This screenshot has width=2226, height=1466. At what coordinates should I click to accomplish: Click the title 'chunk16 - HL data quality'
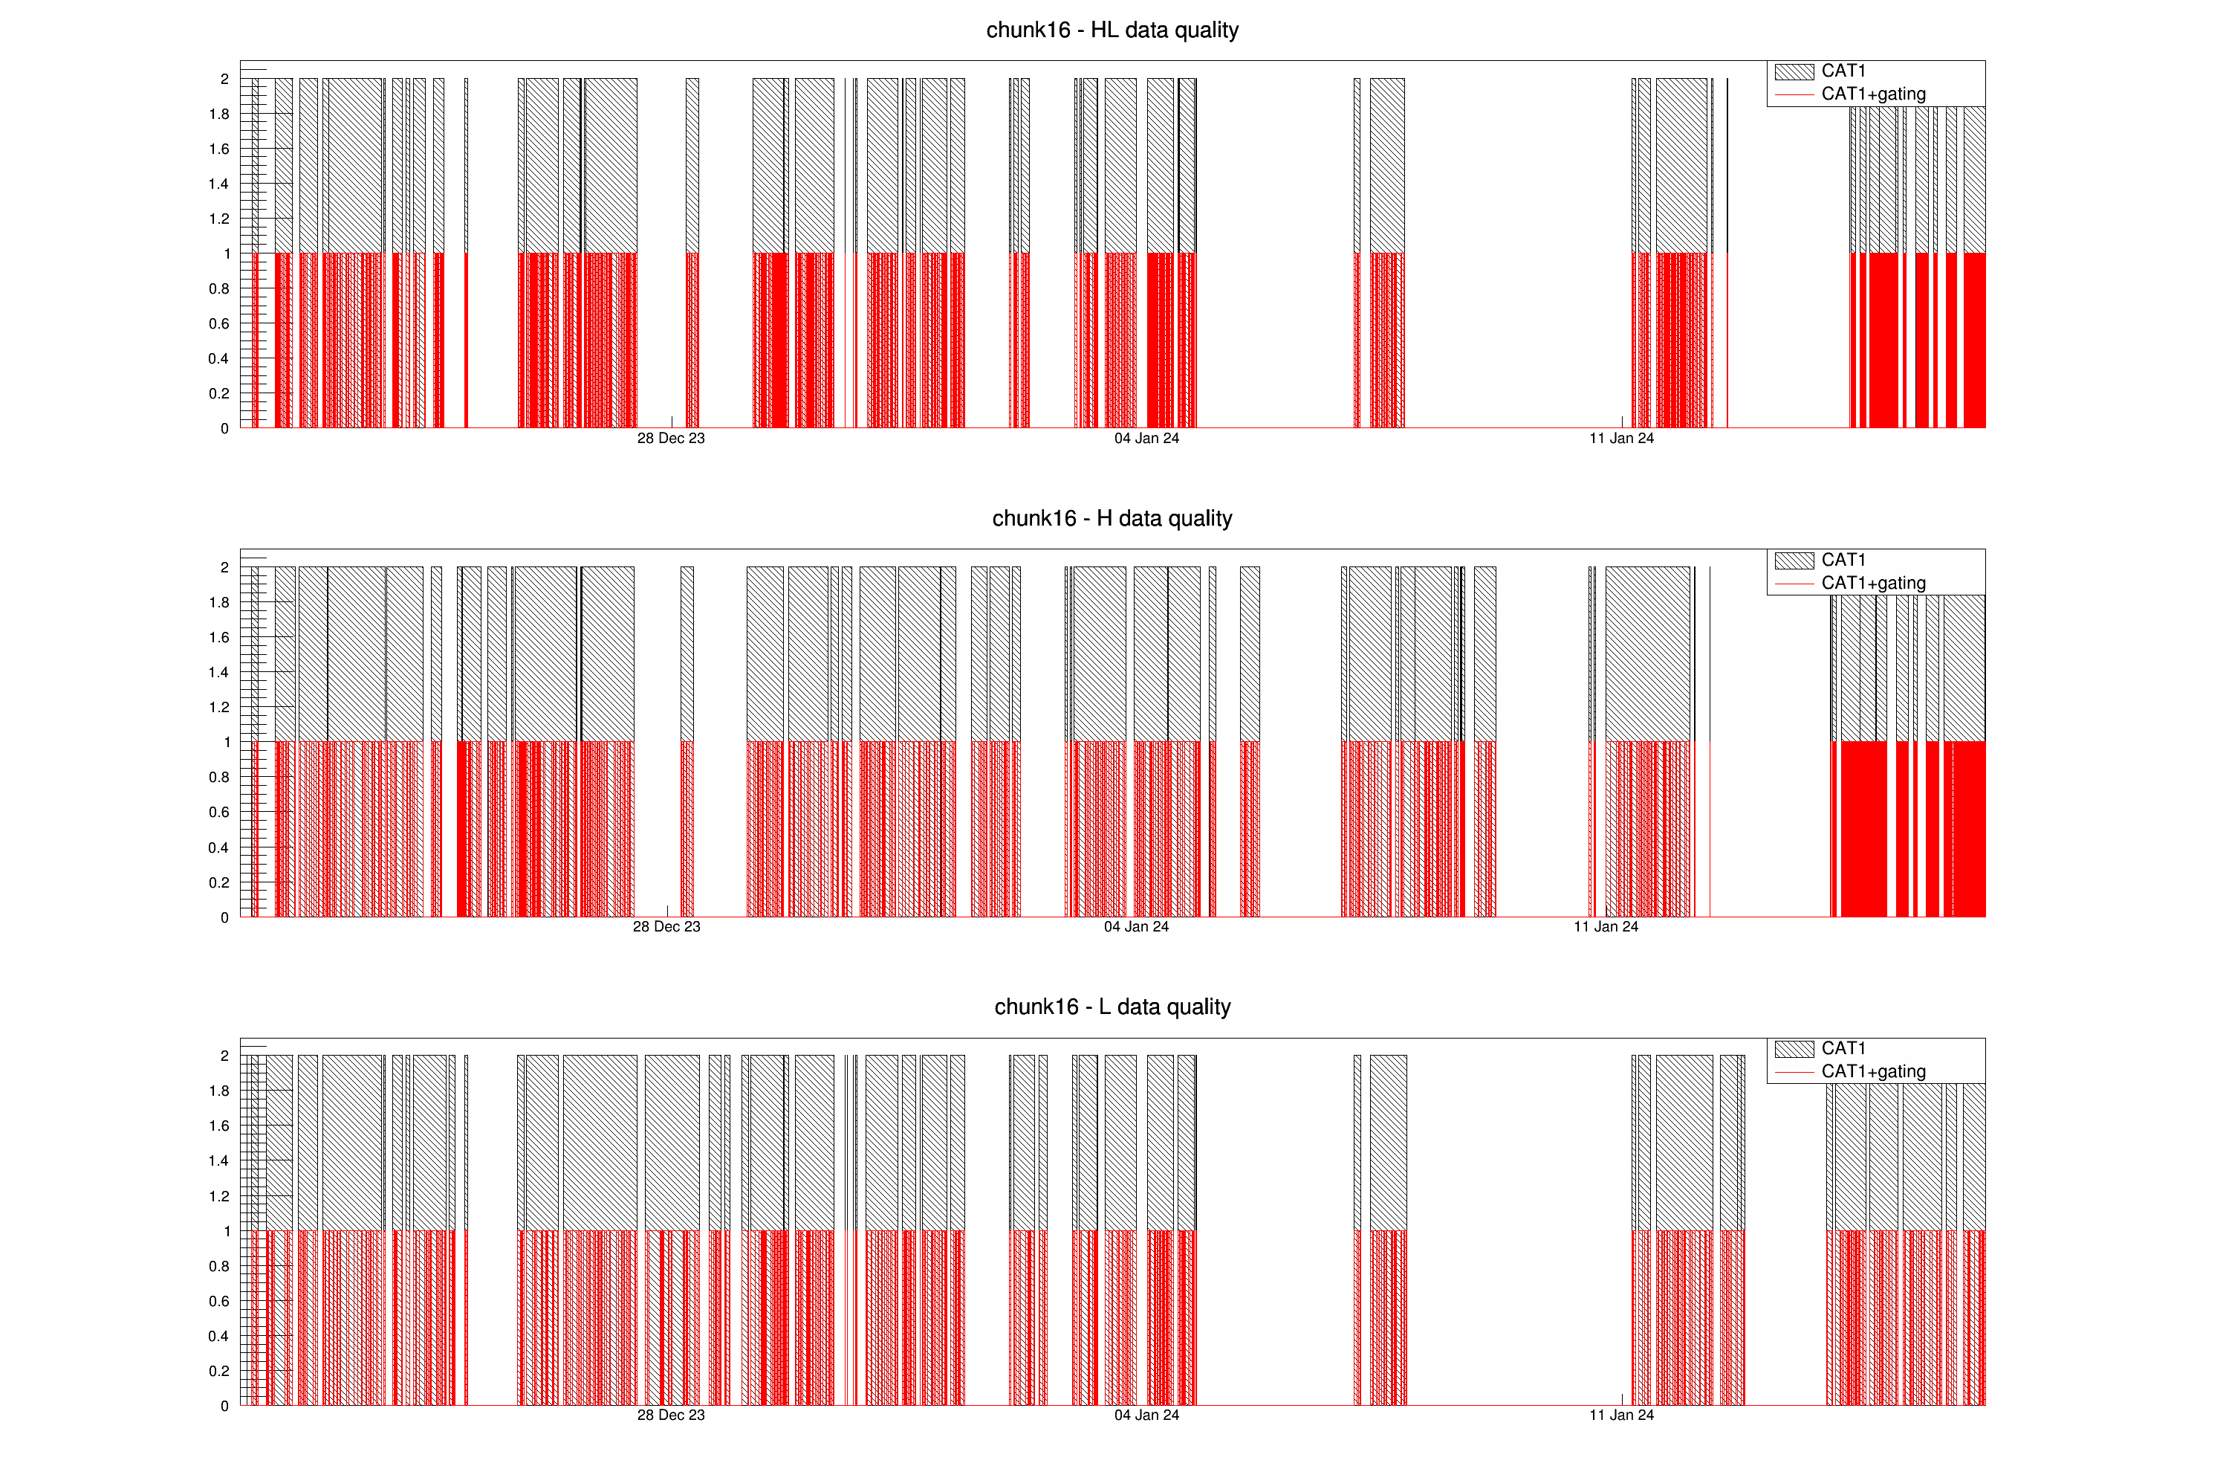coord(1112,30)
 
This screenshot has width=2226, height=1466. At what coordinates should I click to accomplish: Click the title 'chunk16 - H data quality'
coord(1112,518)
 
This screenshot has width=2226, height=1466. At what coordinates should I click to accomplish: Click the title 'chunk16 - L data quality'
coord(1112,1007)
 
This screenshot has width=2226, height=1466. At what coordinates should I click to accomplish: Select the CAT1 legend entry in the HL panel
coord(1843,71)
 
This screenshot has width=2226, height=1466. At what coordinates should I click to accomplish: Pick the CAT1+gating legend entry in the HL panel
coord(1872,94)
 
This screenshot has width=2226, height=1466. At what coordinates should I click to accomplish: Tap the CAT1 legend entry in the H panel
coord(1843,560)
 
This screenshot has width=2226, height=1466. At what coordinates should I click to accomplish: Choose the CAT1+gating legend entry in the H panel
coord(1872,583)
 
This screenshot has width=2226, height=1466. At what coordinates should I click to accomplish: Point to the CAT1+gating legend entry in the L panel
coord(1872,1071)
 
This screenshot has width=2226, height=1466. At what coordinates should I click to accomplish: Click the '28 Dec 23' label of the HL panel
coord(671,439)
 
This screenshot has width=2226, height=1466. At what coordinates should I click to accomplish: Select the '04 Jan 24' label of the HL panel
coord(1146,439)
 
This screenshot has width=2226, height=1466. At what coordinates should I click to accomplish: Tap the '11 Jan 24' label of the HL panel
coord(1621,439)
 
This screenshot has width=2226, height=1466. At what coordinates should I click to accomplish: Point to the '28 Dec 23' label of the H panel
coord(666,927)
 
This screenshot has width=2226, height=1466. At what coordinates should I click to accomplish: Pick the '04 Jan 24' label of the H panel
coord(1136,927)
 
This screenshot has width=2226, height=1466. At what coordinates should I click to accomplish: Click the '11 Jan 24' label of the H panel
coord(1606,927)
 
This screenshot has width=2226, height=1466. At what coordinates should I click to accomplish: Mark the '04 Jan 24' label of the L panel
coord(1146,1415)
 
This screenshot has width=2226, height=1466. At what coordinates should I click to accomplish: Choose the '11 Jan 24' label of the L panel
coord(1621,1415)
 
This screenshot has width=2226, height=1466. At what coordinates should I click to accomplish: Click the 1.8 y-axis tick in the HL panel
coord(219,114)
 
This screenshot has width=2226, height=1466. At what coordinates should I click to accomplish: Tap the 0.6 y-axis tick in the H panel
coord(219,812)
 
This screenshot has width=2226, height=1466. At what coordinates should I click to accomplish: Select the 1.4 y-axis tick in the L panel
coord(219,1161)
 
